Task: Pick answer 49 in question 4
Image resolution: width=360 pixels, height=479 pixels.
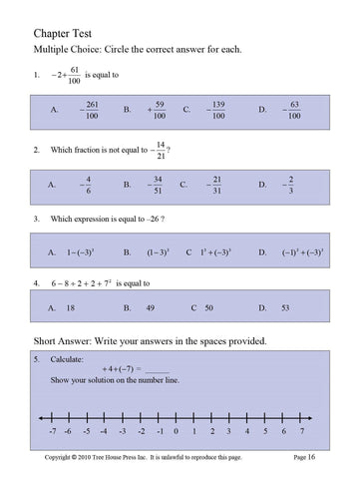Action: [x=152, y=309]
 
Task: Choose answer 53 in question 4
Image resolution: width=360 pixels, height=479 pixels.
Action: [x=286, y=309]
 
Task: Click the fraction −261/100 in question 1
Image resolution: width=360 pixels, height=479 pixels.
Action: [x=91, y=111]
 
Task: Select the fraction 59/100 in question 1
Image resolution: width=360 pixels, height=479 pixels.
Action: [x=158, y=111]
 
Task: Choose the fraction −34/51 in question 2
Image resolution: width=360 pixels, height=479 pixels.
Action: [x=157, y=185]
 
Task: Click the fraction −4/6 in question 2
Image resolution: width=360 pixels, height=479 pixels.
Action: [x=86, y=185]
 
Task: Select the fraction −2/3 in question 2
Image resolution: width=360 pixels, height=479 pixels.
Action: [x=289, y=185]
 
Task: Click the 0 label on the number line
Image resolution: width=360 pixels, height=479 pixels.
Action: [x=176, y=432]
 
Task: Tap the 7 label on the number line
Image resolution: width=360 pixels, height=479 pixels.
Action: [x=301, y=432]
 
